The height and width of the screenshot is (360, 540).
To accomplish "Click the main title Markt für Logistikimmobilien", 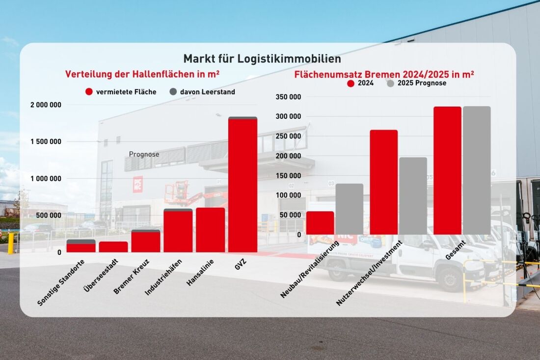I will pos(262,59).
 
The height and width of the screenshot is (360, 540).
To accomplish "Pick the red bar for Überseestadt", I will pos(113,247).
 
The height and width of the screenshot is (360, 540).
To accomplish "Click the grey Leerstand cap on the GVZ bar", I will pos(243,118).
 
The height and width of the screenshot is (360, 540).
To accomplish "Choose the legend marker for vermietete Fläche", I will pos(89,92).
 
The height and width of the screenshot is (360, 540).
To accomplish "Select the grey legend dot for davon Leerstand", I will pos(173,92).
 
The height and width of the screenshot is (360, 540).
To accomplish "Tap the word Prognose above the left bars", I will pos(144,154).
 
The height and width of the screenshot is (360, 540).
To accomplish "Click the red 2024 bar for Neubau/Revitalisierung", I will pos(320,223).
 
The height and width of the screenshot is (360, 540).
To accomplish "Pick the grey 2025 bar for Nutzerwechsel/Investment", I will pos(413,196).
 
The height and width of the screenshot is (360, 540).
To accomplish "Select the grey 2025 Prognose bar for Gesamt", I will pos(477,170).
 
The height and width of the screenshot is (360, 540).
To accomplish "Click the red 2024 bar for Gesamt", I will pos(447,170).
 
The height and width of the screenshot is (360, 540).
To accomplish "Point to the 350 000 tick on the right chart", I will pos(288,97).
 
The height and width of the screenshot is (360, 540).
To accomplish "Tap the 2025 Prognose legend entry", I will pos(417,83).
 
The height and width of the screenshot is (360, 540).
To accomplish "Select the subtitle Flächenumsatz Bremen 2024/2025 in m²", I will pos(384,75).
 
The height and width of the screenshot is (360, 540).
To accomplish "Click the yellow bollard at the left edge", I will pos(11,243).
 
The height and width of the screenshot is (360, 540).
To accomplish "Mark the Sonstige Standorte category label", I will pos(61,283).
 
